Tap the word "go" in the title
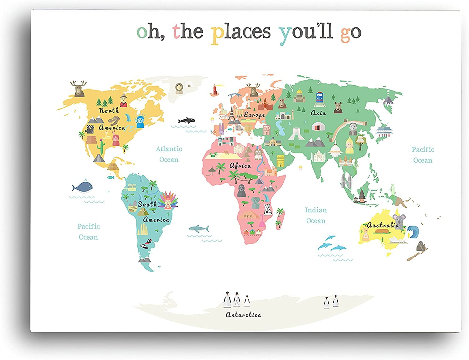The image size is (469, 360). (x=350, y=33)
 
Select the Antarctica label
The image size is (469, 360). (x=243, y=315)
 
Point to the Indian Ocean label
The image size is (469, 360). (x=316, y=215)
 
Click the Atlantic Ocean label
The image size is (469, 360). (x=169, y=154)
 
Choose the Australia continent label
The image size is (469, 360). (x=383, y=225)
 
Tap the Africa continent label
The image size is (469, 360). (x=240, y=165)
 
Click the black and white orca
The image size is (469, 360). (x=187, y=120)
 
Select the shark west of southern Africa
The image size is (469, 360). (x=199, y=229)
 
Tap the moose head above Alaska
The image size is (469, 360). (x=78, y=88)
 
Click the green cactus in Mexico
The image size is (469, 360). (x=101, y=145)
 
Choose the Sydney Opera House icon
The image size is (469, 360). (x=397, y=240)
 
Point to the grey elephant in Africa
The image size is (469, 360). (x=255, y=203)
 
